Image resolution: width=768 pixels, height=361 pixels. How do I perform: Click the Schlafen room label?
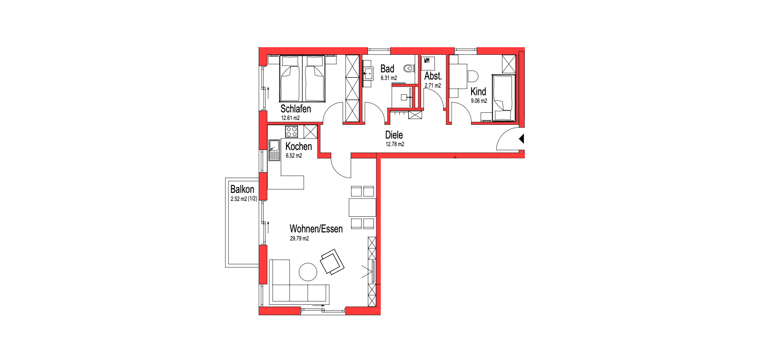tap(295, 109)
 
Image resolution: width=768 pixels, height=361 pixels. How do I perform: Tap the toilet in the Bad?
tap(409, 69)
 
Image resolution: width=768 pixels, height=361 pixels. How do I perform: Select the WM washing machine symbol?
tap(428, 64)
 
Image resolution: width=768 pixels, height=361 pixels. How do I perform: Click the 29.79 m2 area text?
tap(299, 239)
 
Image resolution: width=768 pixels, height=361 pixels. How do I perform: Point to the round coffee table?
tap(308, 272)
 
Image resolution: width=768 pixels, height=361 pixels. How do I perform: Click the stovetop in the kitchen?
tap(291, 131)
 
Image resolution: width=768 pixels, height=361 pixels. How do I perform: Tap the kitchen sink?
tap(274, 150)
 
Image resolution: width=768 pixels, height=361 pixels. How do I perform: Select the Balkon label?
tap(242, 189)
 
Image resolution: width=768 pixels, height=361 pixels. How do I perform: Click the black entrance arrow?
tap(522, 139)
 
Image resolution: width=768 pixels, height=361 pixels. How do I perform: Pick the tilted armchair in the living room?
tap(332, 262)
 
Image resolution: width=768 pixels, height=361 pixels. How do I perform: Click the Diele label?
tap(394, 135)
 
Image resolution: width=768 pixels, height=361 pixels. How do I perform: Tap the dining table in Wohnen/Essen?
tap(363, 208)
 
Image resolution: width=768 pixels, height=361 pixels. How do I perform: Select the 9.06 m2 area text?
tap(479, 101)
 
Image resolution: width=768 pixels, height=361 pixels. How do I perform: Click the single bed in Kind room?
tap(503, 98)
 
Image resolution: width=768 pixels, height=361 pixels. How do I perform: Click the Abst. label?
tap(433, 76)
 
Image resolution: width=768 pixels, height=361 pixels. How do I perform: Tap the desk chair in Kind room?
tap(473, 76)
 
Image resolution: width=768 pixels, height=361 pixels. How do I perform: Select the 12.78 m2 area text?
tap(395, 144)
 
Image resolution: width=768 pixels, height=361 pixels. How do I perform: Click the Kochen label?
tap(299, 147)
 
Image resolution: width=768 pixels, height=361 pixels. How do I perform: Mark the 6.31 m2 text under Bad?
tap(389, 78)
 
